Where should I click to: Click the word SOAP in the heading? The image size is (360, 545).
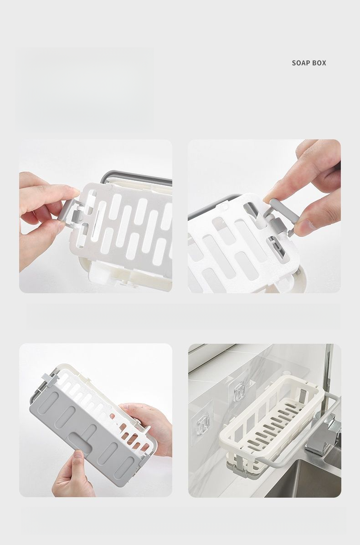[300, 63]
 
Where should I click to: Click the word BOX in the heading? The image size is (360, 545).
[319, 63]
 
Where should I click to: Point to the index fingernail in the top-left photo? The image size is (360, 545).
[76, 190]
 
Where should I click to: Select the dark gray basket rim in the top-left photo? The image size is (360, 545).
[136, 176]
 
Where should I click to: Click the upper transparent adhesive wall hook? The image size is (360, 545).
[240, 391]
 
